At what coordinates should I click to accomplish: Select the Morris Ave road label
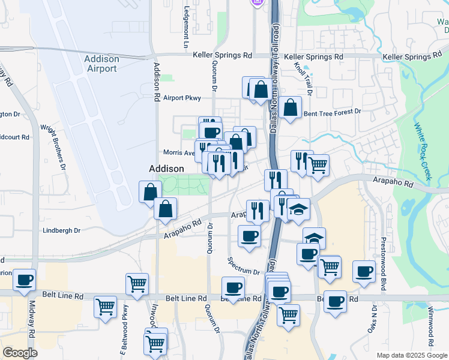(x=179, y=152)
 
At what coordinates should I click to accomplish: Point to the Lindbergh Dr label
(x=61, y=230)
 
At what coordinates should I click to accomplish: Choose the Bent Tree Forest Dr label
(x=332, y=112)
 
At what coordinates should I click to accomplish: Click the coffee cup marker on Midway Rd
(x=25, y=280)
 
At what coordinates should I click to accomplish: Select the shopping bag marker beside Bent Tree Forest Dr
(x=290, y=108)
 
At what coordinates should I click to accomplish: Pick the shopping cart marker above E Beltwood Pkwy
(x=137, y=284)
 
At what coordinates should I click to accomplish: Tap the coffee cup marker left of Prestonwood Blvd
(x=364, y=271)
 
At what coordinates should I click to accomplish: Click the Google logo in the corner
(x=20, y=353)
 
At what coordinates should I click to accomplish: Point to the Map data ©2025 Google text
(x=411, y=355)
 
